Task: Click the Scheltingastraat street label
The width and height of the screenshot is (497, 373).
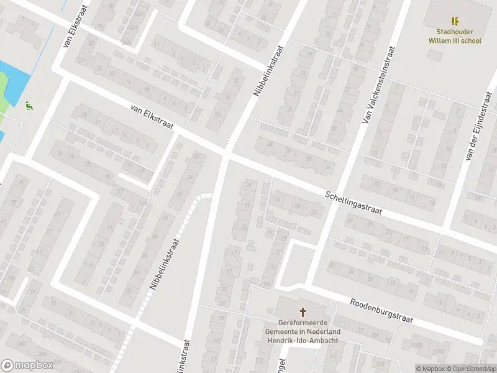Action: point(353,203)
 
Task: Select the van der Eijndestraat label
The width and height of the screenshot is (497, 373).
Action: point(476,127)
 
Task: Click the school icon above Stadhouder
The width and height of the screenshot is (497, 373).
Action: point(455,21)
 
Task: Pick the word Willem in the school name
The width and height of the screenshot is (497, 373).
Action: point(440,40)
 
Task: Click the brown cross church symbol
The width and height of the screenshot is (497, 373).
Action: point(303,312)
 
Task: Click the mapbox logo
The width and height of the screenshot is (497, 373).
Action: point(26,366)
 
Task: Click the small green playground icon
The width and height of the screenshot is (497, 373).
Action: point(29,106)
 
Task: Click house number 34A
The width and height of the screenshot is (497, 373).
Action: point(126,42)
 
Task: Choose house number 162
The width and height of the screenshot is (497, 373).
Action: point(333,356)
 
